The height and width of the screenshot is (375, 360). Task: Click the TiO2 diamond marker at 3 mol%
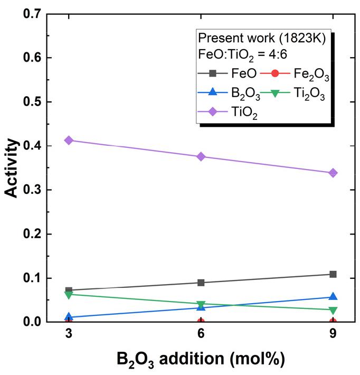[69, 140]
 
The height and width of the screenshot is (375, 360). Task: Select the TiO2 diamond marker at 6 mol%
[201, 157]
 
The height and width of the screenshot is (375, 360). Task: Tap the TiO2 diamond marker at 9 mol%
[333, 173]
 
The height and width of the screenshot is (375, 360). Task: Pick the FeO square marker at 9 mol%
[333, 274]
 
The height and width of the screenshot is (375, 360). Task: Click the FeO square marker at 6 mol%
[201, 283]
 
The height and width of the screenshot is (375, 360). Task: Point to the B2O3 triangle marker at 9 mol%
[333, 297]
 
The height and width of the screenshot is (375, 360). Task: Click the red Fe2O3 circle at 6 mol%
[201, 322]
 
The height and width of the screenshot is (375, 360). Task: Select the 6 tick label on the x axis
[201, 334]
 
